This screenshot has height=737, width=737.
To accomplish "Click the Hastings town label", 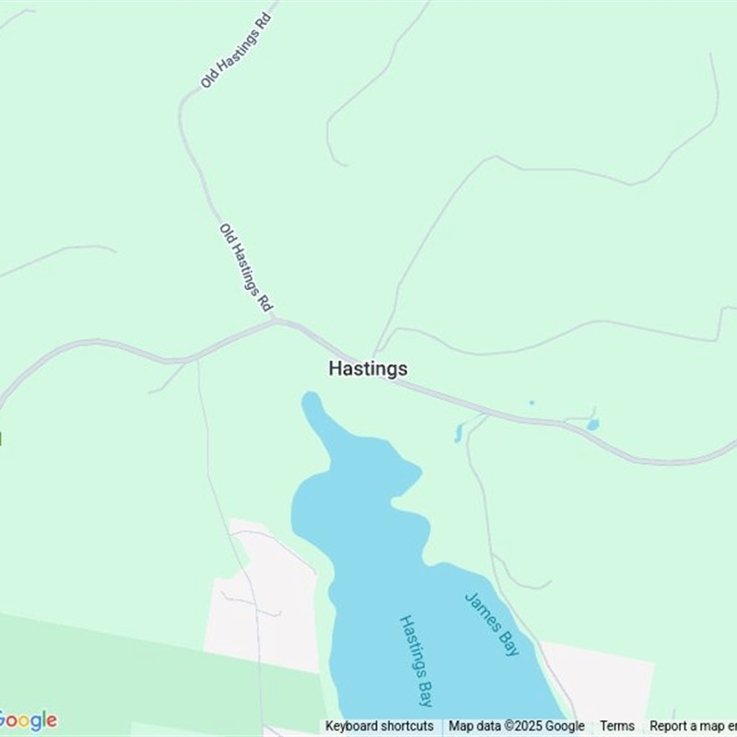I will click(x=368, y=368).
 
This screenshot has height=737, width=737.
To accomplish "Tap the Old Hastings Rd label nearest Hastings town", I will click(x=246, y=267).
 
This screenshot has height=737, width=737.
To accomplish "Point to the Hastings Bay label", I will click(x=416, y=661).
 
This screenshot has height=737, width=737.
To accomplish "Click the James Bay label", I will click(x=492, y=624).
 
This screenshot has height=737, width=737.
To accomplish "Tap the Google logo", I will click(x=28, y=720).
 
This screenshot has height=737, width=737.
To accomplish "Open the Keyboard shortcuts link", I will click(x=379, y=726).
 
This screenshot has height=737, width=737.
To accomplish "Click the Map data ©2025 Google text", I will click(x=516, y=726).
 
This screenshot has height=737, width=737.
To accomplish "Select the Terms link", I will click(x=617, y=726).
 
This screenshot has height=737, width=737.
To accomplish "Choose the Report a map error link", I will click(x=693, y=726).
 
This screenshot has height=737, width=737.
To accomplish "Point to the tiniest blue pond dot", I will click(x=532, y=403).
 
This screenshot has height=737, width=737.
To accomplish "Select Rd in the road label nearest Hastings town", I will click(x=265, y=300).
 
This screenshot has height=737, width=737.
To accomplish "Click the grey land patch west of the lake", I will click(x=263, y=599).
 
